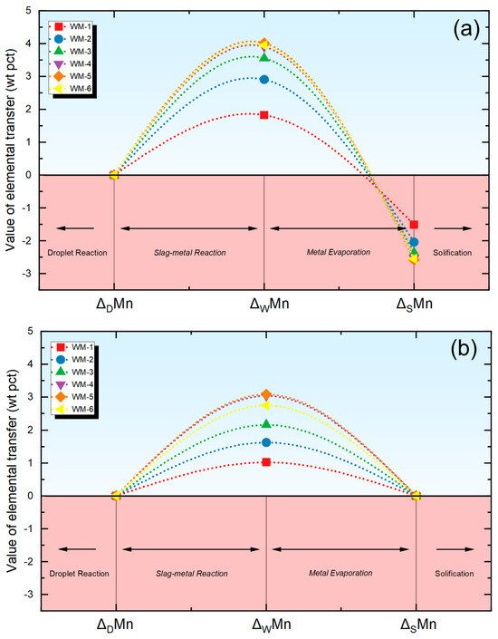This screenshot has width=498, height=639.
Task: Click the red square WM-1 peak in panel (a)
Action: coord(264,115)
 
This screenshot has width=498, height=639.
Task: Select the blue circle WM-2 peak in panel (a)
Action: coord(264,80)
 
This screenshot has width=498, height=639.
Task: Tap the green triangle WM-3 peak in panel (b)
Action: coord(266,424)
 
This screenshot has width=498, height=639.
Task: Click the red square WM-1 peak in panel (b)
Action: coord(266,462)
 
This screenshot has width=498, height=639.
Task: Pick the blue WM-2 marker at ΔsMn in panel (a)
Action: coord(414,242)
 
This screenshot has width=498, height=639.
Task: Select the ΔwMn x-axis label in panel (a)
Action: coord(264,306)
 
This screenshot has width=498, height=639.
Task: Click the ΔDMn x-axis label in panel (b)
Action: coord(116,627)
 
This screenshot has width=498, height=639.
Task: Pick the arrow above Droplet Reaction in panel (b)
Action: coord(77,550)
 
